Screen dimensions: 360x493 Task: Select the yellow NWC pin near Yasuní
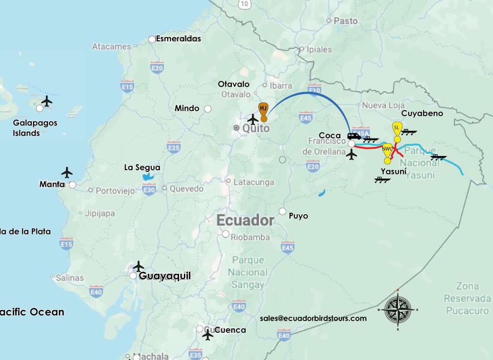point(388,150)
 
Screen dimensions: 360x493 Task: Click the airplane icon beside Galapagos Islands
point(47,101)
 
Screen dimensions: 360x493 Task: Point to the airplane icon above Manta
point(67,172)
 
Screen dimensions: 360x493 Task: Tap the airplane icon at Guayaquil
point(138,266)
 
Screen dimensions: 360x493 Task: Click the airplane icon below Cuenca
point(208,335)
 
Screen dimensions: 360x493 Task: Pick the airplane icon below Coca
point(352,155)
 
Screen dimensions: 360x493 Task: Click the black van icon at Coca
point(354,136)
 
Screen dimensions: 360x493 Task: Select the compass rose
point(398,309)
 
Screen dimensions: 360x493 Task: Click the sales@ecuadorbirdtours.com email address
point(313,318)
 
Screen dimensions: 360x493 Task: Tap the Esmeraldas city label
point(178,39)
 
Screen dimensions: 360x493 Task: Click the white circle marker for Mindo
point(208,109)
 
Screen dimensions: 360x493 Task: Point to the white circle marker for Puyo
point(283,211)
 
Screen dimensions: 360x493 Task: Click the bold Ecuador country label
point(245,220)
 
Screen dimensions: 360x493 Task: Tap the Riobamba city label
point(250,237)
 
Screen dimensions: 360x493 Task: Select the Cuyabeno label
point(422,113)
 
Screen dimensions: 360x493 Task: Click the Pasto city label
point(346,21)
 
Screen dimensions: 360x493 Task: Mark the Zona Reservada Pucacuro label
point(467,298)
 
